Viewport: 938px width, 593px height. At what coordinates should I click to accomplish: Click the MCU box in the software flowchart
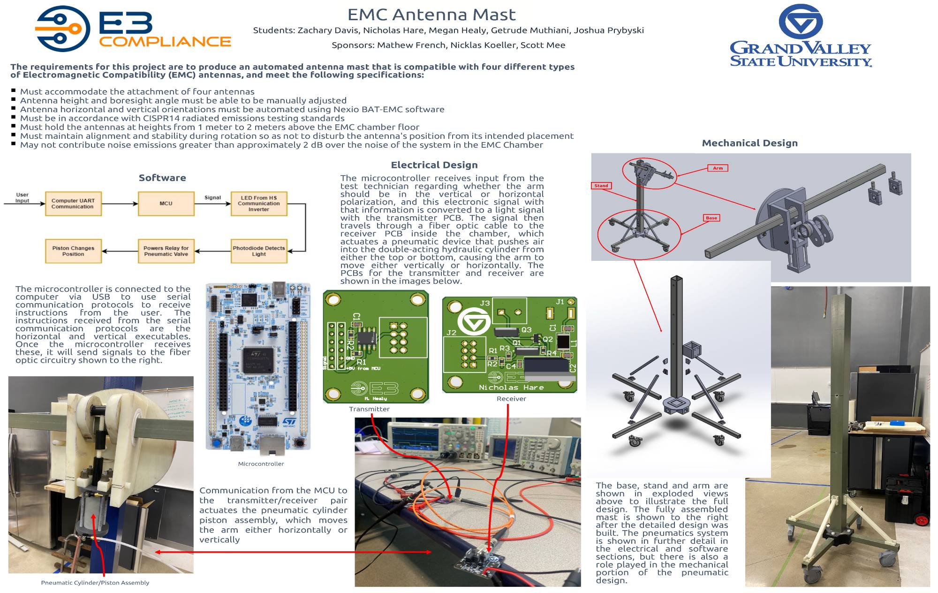(x=166, y=204)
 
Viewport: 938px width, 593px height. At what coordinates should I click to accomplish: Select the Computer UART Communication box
(x=73, y=204)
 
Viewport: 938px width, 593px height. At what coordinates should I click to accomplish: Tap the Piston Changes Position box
(x=73, y=251)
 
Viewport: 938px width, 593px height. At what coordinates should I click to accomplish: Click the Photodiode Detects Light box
(x=259, y=251)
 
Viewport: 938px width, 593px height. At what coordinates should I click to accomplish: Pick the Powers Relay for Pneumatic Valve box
(x=166, y=251)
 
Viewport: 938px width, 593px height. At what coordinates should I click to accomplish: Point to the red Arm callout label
(x=718, y=168)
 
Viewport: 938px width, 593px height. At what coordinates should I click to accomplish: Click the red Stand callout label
(x=601, y=186)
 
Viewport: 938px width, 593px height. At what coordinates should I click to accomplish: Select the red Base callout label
(x=711, y=218)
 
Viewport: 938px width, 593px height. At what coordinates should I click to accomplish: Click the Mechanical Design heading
(x=749, y=143)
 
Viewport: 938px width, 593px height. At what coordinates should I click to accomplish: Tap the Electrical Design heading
(x=434, y=165)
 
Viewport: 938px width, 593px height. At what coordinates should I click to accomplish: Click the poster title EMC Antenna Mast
(x=431, y=15)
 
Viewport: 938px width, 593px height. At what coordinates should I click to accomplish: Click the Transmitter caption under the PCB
(x=369, y=409)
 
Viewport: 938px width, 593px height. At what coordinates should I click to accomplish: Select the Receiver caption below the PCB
(x=511, y=399)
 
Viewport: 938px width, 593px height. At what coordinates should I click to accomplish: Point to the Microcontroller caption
(x=261, y=464)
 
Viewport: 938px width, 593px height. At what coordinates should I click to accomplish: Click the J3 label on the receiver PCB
(x=485, y=303)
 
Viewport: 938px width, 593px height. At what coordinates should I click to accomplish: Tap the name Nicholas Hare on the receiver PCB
(x=511, y=388)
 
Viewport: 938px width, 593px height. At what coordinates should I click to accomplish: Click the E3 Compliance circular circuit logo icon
(x=62, y=29)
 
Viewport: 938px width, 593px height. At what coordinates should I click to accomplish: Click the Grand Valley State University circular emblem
(x=801, y=22)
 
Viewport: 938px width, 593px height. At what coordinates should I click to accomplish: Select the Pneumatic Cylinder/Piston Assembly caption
(x=95, y=583)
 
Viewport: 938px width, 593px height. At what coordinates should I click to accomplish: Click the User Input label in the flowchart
(x=22, y=198)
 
